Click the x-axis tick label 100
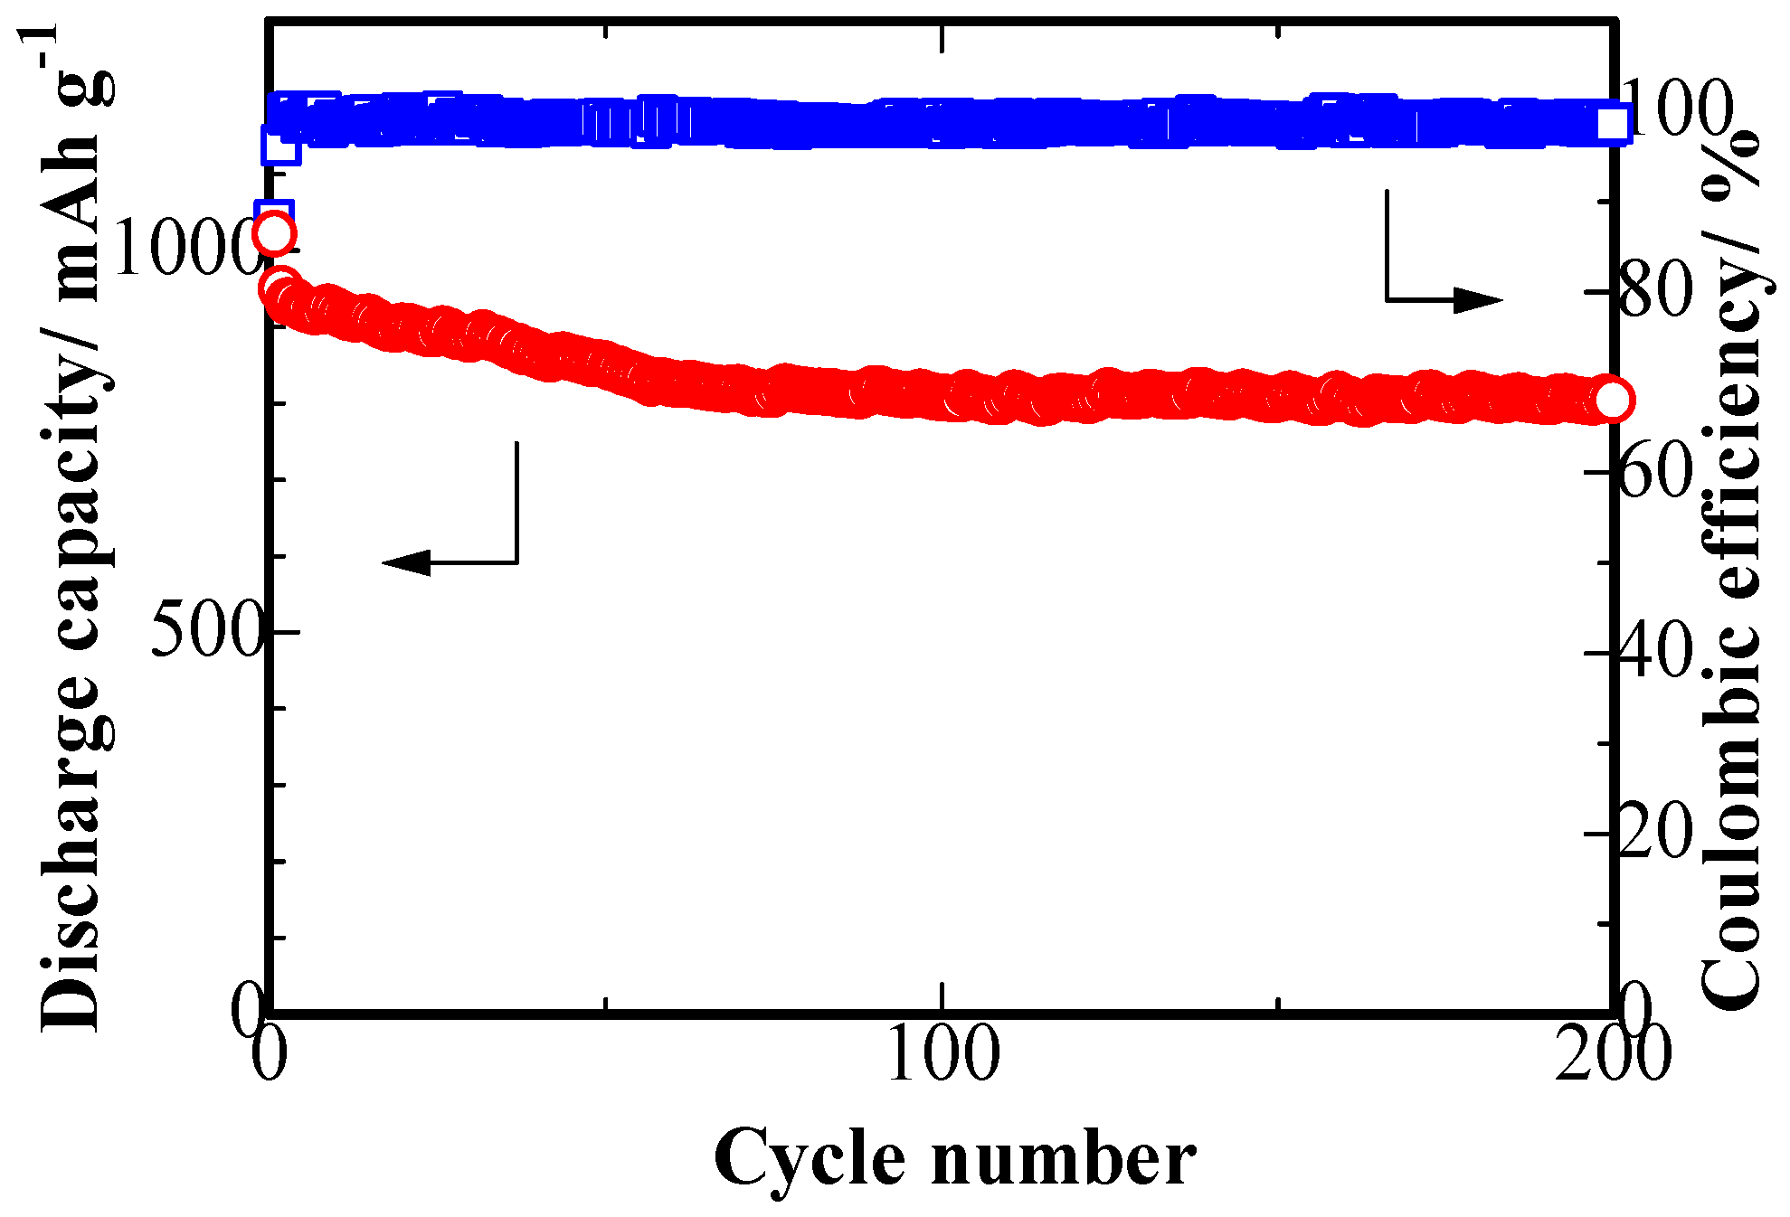[x=942, y=1054]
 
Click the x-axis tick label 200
[x=1611, y=1054]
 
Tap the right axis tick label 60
[x=1654, y=472]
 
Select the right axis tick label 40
[x=1654, y=653]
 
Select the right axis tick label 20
[x=1654, y=833]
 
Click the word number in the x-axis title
[x=1064, y=1158]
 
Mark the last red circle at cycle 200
[x=1612, y=400]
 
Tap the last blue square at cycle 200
[x=1612, y=124]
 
